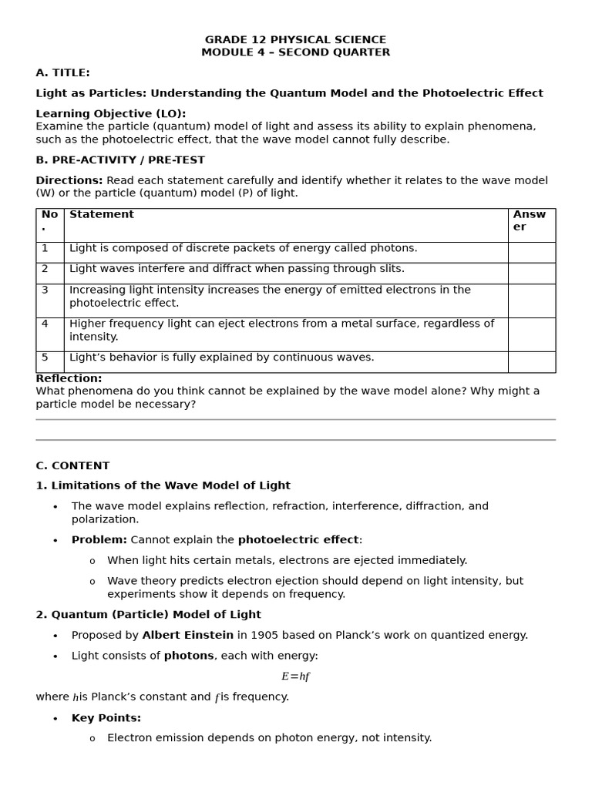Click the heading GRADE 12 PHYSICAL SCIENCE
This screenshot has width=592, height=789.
[x=295, y=40]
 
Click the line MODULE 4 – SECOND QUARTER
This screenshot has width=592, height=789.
[x=295, y=52]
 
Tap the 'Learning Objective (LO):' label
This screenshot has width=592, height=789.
[x=110, y=114]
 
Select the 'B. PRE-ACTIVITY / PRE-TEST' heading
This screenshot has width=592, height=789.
[x=120, y=160]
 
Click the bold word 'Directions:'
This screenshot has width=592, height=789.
[x=69, y=180]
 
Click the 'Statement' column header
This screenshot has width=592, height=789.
[x=102, y=215]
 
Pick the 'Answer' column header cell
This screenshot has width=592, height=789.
[x=530, y=221]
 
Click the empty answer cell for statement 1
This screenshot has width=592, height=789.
[x=531, y=253]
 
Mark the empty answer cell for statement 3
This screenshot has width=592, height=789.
[x=531, y=300]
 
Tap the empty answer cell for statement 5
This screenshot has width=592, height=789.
[x=531, y=362]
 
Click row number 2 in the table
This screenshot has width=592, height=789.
[x=45, y=269]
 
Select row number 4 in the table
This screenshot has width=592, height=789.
[x=45, y=324]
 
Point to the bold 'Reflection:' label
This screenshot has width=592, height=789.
[x=69, y=379]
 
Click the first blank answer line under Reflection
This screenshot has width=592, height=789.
[x=295, y=420]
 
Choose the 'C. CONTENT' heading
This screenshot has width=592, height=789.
[x=72, y=466]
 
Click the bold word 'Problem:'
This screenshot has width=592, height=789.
[x=99, y=540]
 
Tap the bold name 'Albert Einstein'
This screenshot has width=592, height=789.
[x=187, y=636]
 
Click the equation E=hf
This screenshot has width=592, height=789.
[x=295, y=677]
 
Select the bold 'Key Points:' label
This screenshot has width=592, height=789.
[x=106, y=718]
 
